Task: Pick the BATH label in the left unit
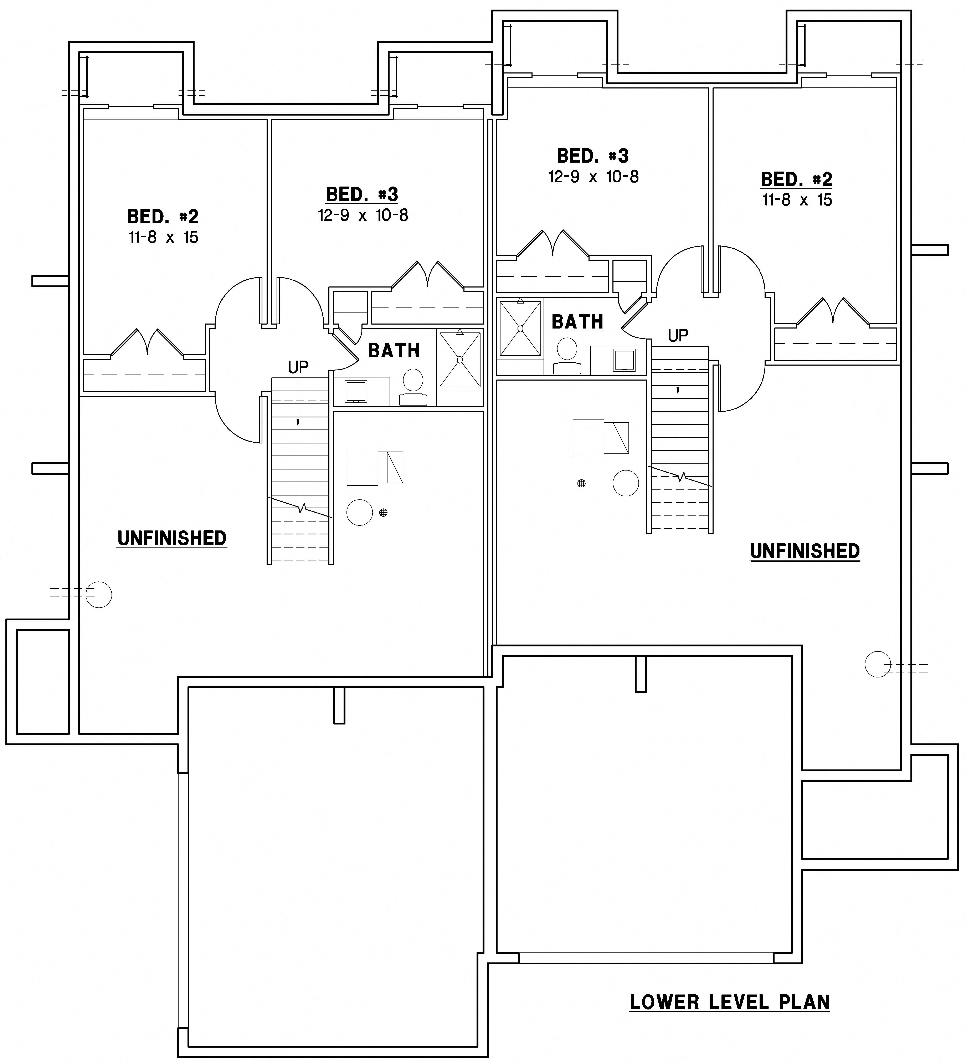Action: pos(394,351)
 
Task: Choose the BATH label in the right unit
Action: pos(577,322)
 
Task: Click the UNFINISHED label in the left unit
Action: pos(172,538)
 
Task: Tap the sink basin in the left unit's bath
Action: pos(356,391)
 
